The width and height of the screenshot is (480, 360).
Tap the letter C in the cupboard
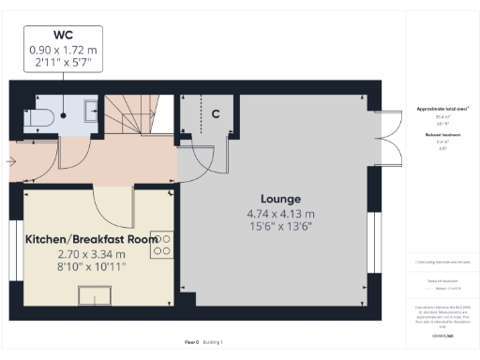click(x=215, y=114)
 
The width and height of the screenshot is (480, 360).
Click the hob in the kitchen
click(x=162, y=245)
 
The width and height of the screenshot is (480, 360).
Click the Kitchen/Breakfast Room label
click(x=92, y=239)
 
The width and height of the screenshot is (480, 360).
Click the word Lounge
click(x=280, y=199)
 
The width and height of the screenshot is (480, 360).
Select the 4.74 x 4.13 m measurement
click(x=280, y=213)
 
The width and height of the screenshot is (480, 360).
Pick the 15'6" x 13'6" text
click(x=280, y=226)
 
